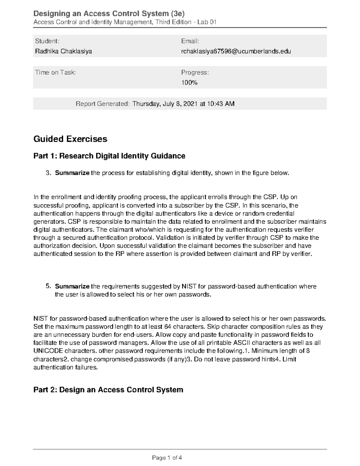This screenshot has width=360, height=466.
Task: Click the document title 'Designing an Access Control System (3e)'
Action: pos(109,14)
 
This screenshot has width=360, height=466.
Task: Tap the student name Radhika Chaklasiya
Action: pos(64,51)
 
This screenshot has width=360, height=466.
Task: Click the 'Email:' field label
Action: pos(190,41)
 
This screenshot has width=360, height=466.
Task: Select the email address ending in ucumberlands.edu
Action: pos(236,51)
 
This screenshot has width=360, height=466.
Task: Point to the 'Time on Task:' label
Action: pos(55,72)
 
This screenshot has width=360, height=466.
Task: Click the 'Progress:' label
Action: pos(195,72)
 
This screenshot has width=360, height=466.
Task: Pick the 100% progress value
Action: pos(189,83)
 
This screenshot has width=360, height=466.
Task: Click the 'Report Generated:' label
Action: pos(103,104)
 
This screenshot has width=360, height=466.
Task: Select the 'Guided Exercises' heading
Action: pos(70,139)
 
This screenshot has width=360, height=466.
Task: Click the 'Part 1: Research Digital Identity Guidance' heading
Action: pos(109,156)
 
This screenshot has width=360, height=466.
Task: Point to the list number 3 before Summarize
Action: pos(47,173)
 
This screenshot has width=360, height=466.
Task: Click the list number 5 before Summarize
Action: pos(47,286)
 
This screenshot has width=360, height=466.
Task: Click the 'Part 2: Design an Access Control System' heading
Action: pos(108,390)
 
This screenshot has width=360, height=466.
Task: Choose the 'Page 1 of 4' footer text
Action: pos(167,458)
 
